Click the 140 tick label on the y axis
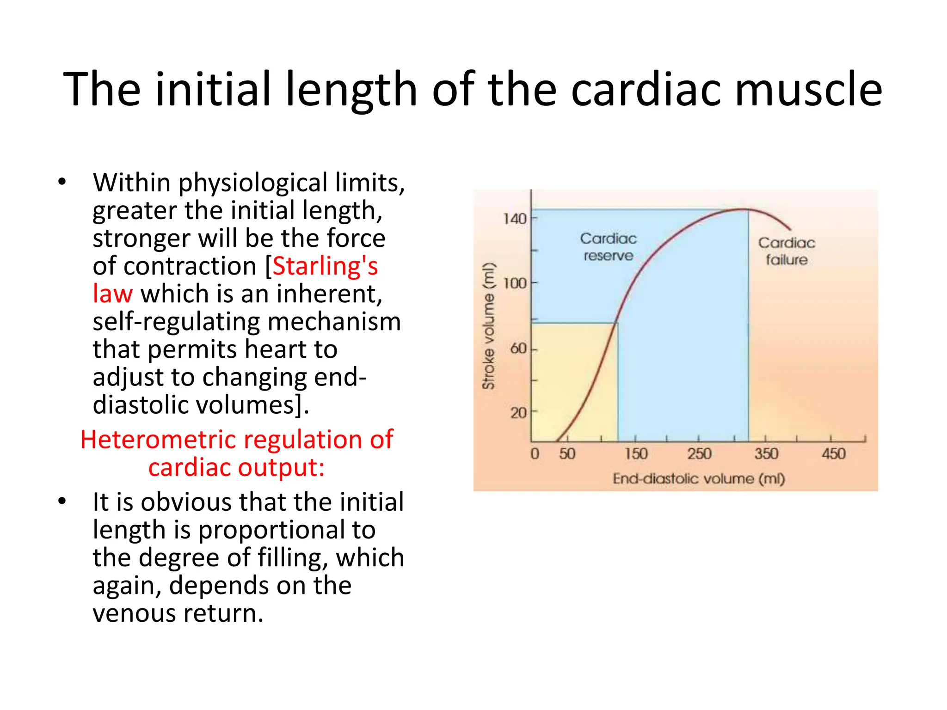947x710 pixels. [x=515, y=218]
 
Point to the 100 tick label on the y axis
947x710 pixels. [x=515, y=283]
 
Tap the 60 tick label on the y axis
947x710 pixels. [x=518, y=349]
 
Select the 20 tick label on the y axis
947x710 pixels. [x=518, y=412]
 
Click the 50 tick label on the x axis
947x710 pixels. [x=567, y=453]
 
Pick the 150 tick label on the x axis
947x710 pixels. [x=636, y=453]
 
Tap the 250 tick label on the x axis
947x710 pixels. [x=699, y=453]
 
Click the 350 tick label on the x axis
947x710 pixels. [x=766, y=453]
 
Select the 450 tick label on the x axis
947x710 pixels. [x=833, y=453]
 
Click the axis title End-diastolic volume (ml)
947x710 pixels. [x=699, y=478]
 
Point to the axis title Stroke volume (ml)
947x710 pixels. [x=488, y=326]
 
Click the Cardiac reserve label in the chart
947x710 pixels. [x=608, y=247]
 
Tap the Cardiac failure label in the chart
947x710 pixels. [x=786, y=251]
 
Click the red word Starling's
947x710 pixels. [x=325, y=266]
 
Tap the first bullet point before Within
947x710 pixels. [x=62, y=182]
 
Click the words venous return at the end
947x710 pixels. [x=178, y=613]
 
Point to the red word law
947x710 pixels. [x=112, y=294]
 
